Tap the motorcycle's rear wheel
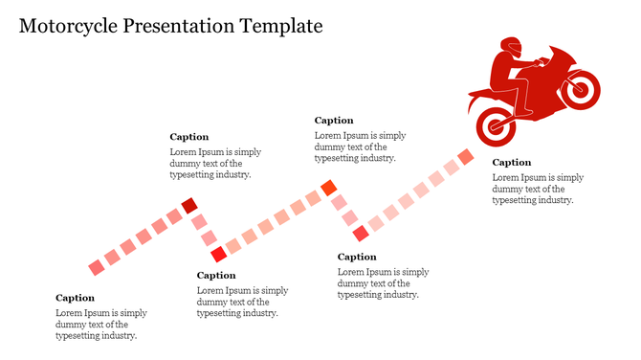[x=496, y=123]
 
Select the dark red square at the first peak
[x=189, y=205]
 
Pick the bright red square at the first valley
[x=218, y=254]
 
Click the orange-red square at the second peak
[x=329, y=188]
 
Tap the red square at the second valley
[x=361, y=233]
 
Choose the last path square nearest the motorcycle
[x=466, y=156]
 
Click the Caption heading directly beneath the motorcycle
[x=512, y=163]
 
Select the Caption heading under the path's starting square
[x=75, y=298]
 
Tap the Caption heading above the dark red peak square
[x=189, y=137]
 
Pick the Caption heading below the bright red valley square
[x=216, y=276]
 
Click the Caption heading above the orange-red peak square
[x=334, y=121]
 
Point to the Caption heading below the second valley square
[x=357, y=257]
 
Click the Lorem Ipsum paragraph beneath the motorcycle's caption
[x=538, y=189]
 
